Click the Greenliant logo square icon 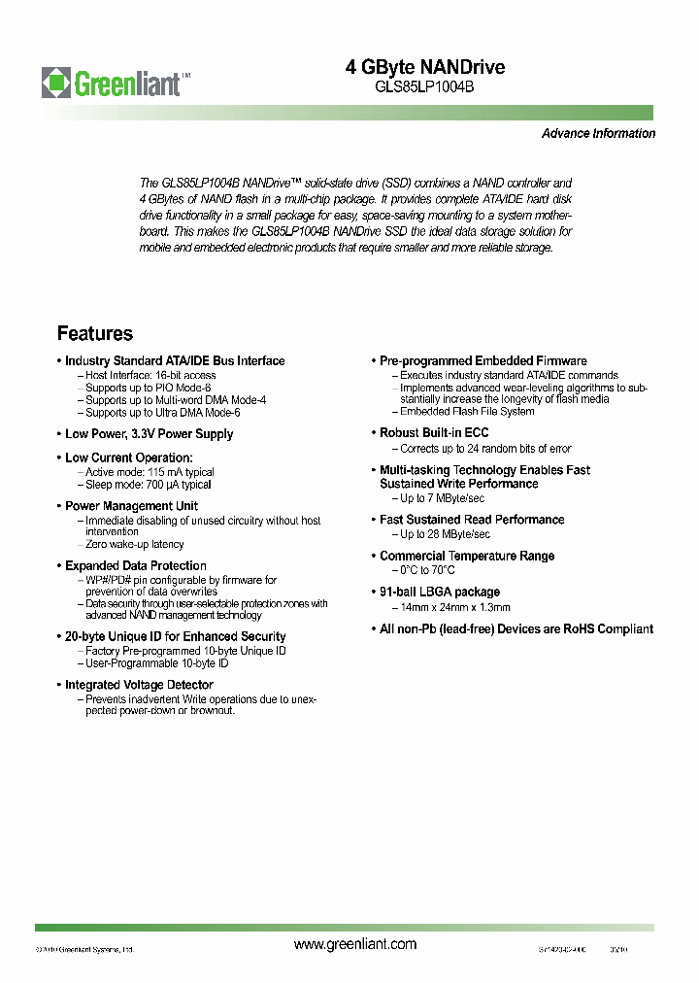(56, 81)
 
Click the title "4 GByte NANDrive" (425, 67)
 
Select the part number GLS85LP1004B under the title (425, 85)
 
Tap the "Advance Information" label (598, 134)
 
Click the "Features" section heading (95, 334)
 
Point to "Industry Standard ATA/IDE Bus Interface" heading (175, 361)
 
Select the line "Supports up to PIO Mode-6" (149, 388)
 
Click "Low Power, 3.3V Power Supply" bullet (150, 434)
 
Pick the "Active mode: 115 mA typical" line (150, 472)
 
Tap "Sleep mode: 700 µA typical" (149, 485)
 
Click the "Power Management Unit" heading (132, 506)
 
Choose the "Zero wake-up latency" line (135, 545)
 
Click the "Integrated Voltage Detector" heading (139, 685)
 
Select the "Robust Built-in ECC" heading (434, 433)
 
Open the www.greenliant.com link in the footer (354, 944)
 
